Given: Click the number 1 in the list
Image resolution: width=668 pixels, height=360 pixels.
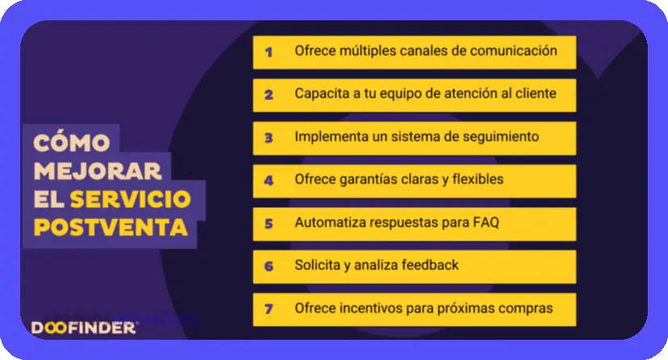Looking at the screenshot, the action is [268, 52].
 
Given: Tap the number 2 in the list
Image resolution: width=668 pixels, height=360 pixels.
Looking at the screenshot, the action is [268, 95].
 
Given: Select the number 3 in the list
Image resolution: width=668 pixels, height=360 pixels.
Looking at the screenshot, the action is [268, 138].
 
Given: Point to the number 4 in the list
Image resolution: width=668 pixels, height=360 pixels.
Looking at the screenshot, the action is [268, 180].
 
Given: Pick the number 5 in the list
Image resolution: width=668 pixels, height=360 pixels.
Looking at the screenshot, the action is [268, 223].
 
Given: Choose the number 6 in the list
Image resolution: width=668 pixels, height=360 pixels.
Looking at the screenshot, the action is [268, 266].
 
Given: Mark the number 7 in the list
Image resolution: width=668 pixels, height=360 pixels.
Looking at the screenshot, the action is [268, 309].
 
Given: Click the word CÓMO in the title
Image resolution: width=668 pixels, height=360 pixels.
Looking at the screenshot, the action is [71, 142].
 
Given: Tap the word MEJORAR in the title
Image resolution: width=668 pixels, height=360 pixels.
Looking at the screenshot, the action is [98, 171].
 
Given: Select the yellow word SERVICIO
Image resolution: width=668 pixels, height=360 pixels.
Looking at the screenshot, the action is [130, 199].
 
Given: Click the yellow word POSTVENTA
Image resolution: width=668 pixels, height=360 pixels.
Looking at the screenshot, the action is [110, 227].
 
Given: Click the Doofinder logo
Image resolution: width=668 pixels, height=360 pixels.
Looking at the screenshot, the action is [83, 328].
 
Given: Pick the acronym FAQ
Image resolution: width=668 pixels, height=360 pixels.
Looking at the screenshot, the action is [486, 222].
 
